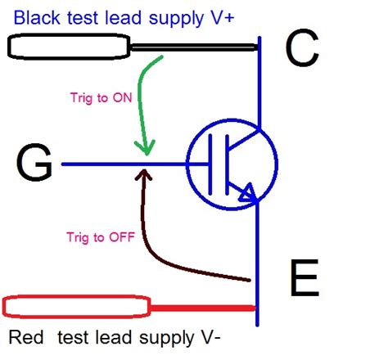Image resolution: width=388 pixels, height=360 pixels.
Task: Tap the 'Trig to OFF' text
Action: click(x=97, y=238)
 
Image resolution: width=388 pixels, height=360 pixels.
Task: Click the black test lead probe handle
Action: click(x=65, y=47)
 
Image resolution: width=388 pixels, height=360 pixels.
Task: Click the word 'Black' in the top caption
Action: click(x=36, y=18)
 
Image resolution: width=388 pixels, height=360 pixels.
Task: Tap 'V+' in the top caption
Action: click(x=223, y=18)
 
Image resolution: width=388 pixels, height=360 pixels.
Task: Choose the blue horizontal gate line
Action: click(x=123, y=164)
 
